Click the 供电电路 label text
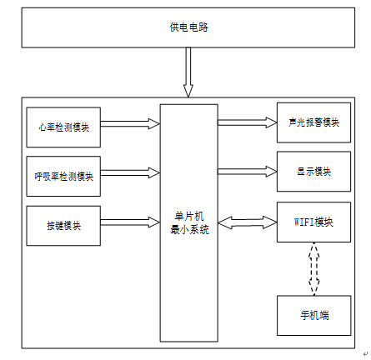coord(188,27)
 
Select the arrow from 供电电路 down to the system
coord(188,72)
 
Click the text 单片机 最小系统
coord(189,223)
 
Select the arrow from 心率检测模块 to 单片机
coord(130,124)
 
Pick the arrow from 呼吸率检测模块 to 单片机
coord(130,172)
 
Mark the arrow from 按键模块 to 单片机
coord(130,222)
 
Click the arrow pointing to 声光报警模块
coord(248,122)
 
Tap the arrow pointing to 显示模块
coord(248,172)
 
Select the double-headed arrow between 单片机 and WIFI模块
coord(248,222)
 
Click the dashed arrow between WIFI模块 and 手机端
coord(314,268)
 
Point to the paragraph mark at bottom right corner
coord(365,353)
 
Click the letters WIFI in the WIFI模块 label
coord(303,222)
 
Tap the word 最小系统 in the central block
coord(189,230)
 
